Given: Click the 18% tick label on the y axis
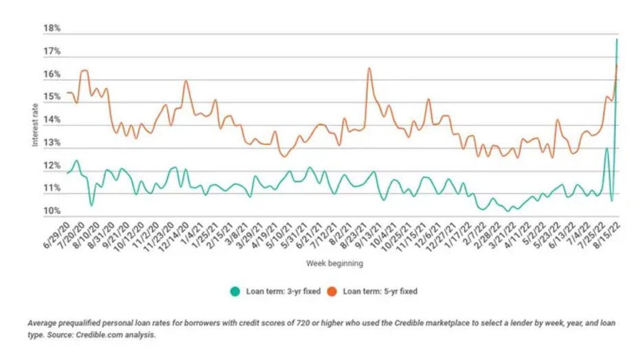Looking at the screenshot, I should click(x=53, y=29).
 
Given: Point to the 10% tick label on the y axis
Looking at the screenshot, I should click(x=53, y=211).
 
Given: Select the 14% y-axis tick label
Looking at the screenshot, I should click(x=53, y=120).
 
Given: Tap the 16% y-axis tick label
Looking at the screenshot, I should click(x=53, y=74).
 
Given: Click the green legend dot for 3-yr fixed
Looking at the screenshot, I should click(x=234, y=291).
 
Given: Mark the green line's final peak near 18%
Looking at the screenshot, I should click(x=617, y=39).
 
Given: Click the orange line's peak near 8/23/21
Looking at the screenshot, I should click(x=369, y=68).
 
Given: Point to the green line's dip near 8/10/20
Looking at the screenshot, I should click(x=91, y=205).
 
